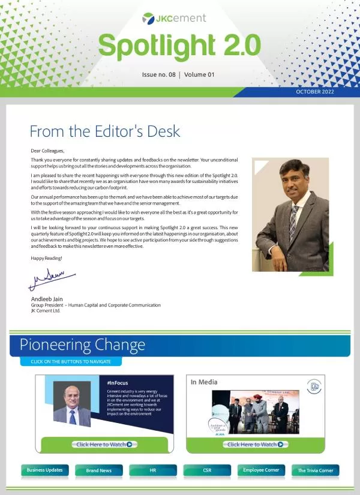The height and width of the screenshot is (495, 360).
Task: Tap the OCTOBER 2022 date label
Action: pyautogui.click(x=315, y=92)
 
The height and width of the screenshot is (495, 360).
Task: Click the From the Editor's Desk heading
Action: pyautogui.click(x=105, y=131)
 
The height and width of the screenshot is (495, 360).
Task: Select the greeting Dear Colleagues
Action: pyautogui.click(x=47, y=151)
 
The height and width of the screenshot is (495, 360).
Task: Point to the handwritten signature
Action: pyautogui.click(x=53, y=280)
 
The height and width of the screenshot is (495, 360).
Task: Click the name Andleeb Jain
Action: pyautogui.click(x=47, y=298)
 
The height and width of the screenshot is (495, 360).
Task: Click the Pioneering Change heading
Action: pyautogui.click(x=82, y=345)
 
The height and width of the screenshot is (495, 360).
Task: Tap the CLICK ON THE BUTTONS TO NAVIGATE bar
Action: pyautogui.click(x=71, y=362)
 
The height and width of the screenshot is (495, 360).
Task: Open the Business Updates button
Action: pyautogui.click(x=45, y=470)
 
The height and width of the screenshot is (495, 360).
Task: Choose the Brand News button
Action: pyautogui.click(x=99, y=470)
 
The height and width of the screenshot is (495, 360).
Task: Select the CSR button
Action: pyautogui.click(x=207, y=470)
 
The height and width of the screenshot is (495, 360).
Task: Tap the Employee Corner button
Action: pyautogui.click(x=261, y=470)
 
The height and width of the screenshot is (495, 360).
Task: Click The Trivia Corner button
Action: pyautogui.click(x=315, y=470)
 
